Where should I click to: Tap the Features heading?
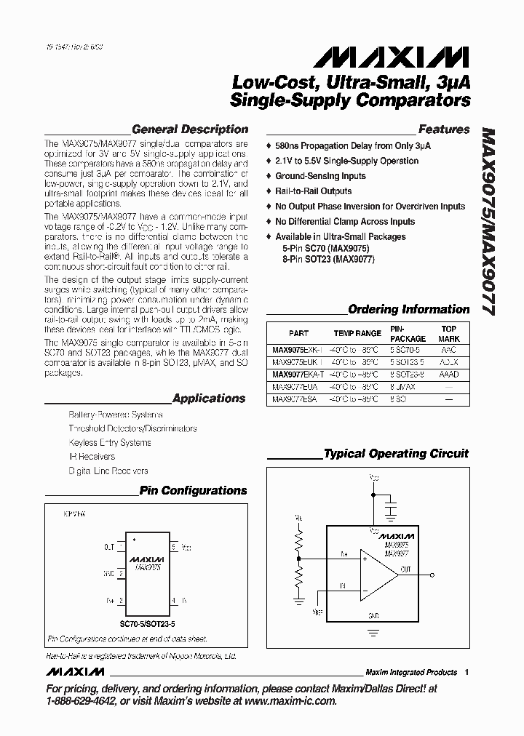tap(444, 129)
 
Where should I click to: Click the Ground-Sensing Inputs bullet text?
tap(320, 176)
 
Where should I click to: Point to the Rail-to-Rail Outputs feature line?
tap(313, 191)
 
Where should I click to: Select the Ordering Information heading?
tap(408, 309)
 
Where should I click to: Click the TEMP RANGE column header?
tap(357, 333)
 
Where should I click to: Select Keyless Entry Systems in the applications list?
tap(110, 442)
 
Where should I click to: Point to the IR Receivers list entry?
tap(92, 457)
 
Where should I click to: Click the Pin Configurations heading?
tap(193, 491)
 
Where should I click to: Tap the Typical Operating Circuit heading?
tap(396, 454)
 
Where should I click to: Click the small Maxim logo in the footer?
tap(74, 672)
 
